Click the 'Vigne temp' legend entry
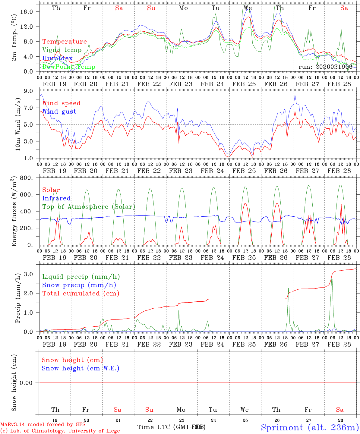click(62, 50)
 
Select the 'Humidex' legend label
click(57, 58)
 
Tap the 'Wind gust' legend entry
click(59, 112)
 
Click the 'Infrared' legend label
click(56, 198)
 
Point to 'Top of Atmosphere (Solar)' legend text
click(89, 207)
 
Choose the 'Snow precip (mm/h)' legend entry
click(79, 285)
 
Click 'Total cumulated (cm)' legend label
click(81, 294)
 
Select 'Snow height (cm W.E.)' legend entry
click(81, 368)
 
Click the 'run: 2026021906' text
click(325, 67)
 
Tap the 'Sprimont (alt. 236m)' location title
click(310, 427)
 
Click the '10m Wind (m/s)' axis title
click(18, 124)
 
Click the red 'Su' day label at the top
click(151, 8)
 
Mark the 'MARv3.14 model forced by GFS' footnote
click(43, 425)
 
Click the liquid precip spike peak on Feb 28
click(332, 273)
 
